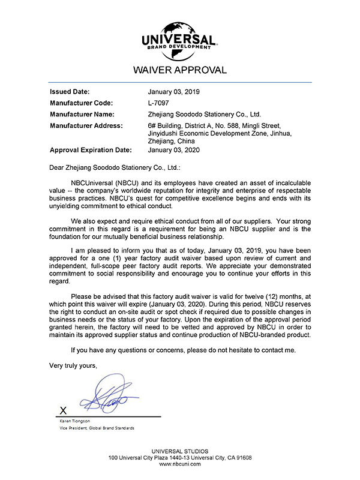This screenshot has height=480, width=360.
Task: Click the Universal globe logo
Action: click(x=179, y=37)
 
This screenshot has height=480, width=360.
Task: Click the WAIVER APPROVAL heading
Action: click(x=180, y=70)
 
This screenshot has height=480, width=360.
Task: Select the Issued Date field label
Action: click(x=70, y=92)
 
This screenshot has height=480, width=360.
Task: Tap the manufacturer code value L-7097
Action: click(x=160, y=103)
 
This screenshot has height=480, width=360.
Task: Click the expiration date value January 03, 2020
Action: click(x=173, y=150)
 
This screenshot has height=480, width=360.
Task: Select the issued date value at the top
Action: click(x=173, y=92)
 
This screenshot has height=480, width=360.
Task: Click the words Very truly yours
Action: click(x=73, y=365)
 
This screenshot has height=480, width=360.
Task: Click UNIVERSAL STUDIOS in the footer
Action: click(x=180, y=451)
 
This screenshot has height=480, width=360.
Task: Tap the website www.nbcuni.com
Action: click(x=180, y=464)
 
